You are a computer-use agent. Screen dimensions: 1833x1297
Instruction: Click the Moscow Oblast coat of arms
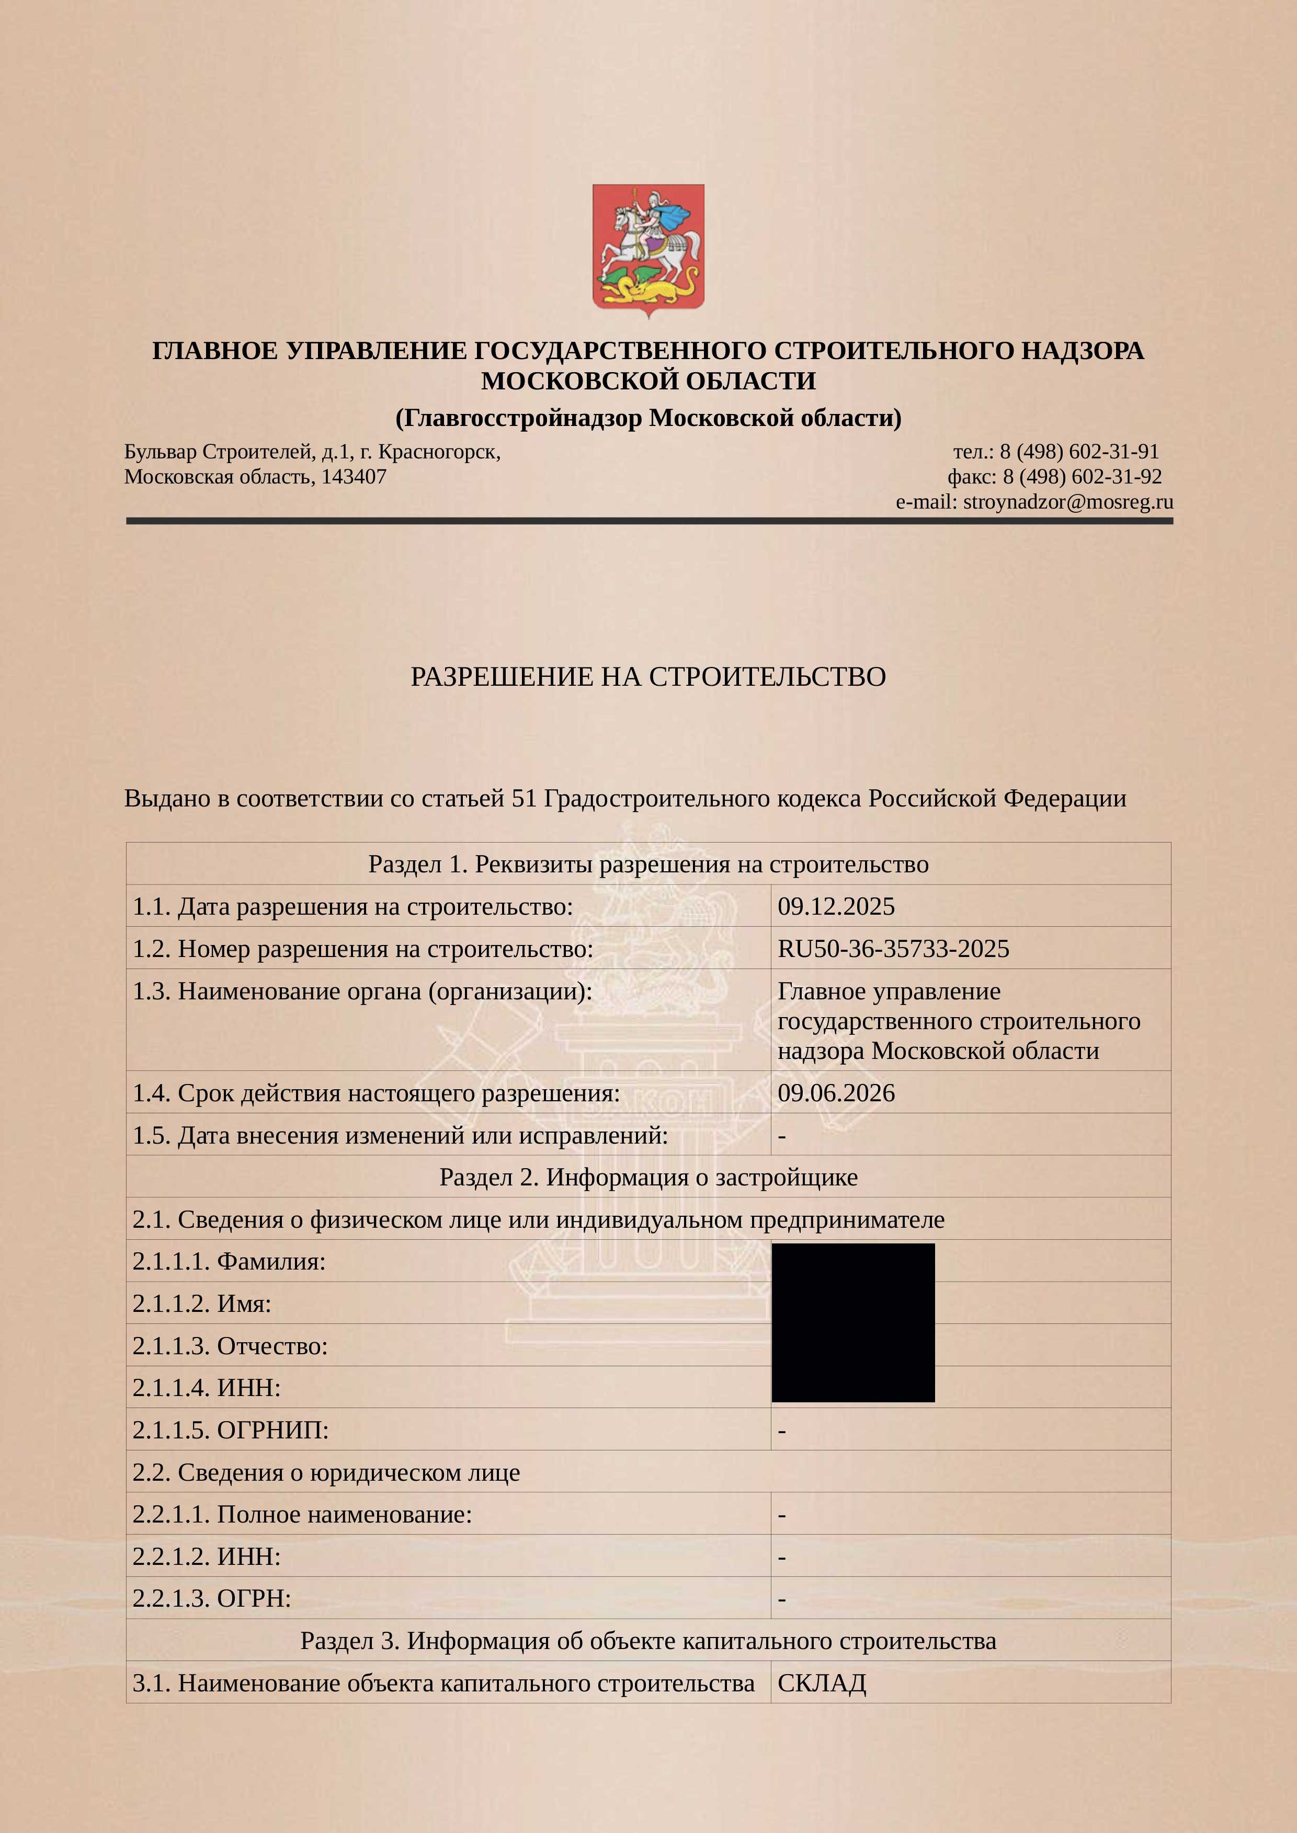click(647, 250)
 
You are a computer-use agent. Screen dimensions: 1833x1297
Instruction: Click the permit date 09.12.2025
click(836, 906)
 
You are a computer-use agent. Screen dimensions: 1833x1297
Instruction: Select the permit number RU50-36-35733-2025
click(893, 949)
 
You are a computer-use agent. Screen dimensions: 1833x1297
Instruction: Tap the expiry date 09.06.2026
click(836, 1093)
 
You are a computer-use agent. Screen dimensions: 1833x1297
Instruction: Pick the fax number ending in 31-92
click(1082, 477)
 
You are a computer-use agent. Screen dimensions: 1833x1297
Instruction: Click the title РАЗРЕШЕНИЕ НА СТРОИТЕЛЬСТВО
click(647, 676)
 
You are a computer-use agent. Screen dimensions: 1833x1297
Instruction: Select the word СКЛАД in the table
click(822, 1683)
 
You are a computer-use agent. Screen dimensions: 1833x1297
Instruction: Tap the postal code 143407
click(354, 477)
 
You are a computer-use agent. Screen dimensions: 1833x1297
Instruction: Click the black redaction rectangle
click(853, 1322)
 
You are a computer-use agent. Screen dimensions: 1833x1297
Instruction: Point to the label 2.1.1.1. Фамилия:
click(229, 1261)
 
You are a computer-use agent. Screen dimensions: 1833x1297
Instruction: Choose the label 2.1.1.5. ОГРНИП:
click(231, 1430)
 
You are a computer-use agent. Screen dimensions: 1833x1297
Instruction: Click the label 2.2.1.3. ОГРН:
click(212, 1598)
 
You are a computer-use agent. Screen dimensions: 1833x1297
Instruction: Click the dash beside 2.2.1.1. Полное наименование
click(782, 1515)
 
